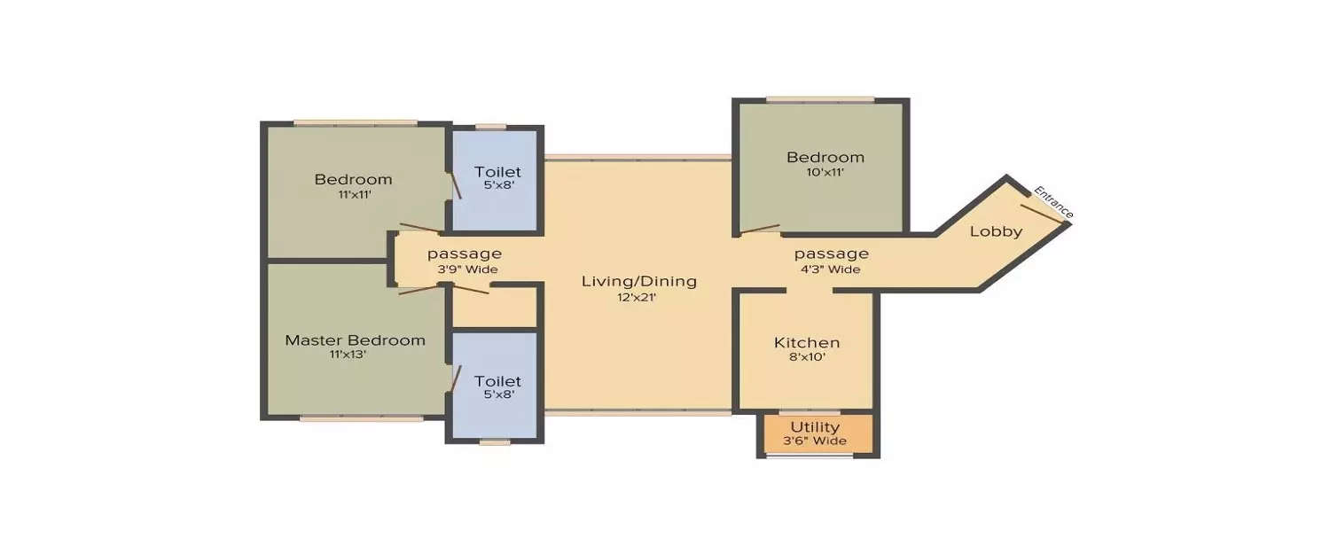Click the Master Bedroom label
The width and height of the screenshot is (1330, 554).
point(355,340)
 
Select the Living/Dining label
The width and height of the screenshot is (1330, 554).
point(638,282)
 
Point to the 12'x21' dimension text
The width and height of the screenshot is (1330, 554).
point(638,297)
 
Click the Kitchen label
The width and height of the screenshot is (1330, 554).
point(807,343)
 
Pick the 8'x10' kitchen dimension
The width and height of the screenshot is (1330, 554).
point(807,357)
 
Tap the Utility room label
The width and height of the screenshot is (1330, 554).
point(815,427)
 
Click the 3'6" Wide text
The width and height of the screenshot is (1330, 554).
point(815,441)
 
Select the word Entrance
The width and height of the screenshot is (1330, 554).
point(1054,201)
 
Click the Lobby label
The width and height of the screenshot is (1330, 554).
point(996,232)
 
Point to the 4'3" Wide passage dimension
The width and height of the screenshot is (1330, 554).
point(831,269)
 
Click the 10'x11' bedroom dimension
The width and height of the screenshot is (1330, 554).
point(825,173)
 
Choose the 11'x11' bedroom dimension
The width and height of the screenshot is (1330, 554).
point(353,194)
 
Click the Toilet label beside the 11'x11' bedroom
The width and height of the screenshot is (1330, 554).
point(497,172)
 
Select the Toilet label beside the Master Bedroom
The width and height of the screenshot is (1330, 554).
point(497,381)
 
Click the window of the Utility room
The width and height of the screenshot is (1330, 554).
point(809,456)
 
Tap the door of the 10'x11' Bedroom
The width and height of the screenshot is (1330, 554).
point(760,230)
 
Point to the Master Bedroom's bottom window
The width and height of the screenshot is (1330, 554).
point(361,418)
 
